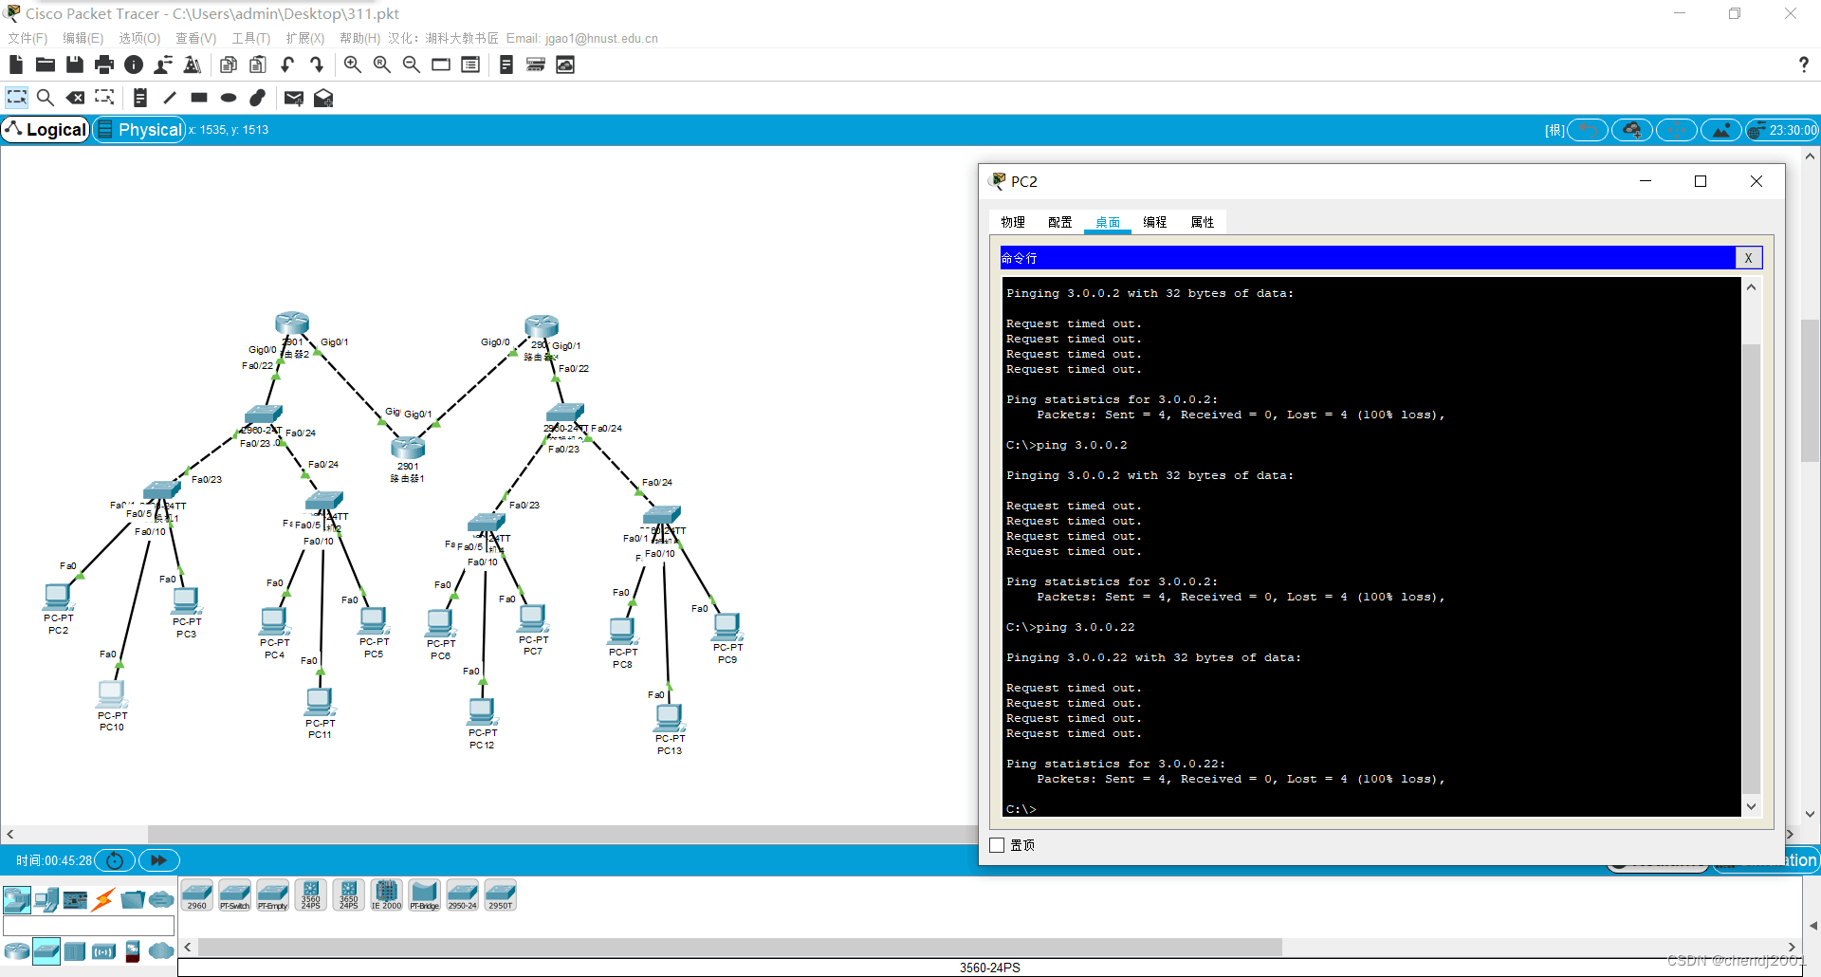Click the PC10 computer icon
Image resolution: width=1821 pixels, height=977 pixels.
111,694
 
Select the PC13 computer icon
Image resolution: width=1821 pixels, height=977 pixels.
669,717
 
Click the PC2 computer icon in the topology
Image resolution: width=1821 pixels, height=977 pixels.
58,597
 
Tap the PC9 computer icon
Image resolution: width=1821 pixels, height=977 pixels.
727,626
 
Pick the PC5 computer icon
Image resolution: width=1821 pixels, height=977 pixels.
374,620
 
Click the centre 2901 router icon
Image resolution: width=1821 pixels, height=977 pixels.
408,447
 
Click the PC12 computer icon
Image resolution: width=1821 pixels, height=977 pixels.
482,710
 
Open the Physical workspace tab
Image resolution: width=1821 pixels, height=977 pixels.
140,130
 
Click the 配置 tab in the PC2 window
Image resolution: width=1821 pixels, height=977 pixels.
1059,222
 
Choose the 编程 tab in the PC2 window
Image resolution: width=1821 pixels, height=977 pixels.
1154,222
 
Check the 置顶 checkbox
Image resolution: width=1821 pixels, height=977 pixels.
997,845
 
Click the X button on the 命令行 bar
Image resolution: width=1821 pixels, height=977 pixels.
1748,258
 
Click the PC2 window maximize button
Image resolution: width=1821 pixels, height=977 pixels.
1701,181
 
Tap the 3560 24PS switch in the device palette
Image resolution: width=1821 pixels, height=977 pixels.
311,894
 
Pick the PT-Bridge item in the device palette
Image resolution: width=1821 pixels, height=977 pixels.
424,894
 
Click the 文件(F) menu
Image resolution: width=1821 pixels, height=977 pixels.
28,38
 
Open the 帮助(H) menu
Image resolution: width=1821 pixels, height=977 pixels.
359,38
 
